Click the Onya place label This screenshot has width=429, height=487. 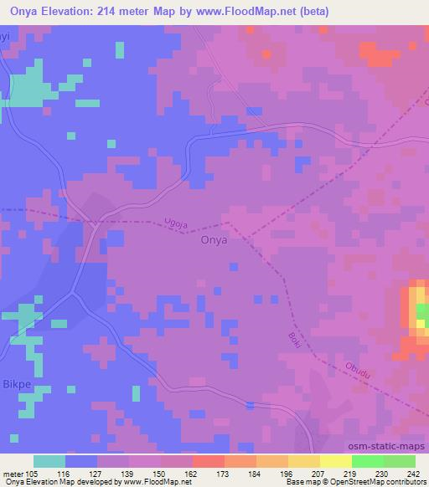211,239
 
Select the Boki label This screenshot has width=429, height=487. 298,341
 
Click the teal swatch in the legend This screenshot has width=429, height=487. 49,461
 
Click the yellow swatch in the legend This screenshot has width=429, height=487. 336,461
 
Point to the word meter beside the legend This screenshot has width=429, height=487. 13,474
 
